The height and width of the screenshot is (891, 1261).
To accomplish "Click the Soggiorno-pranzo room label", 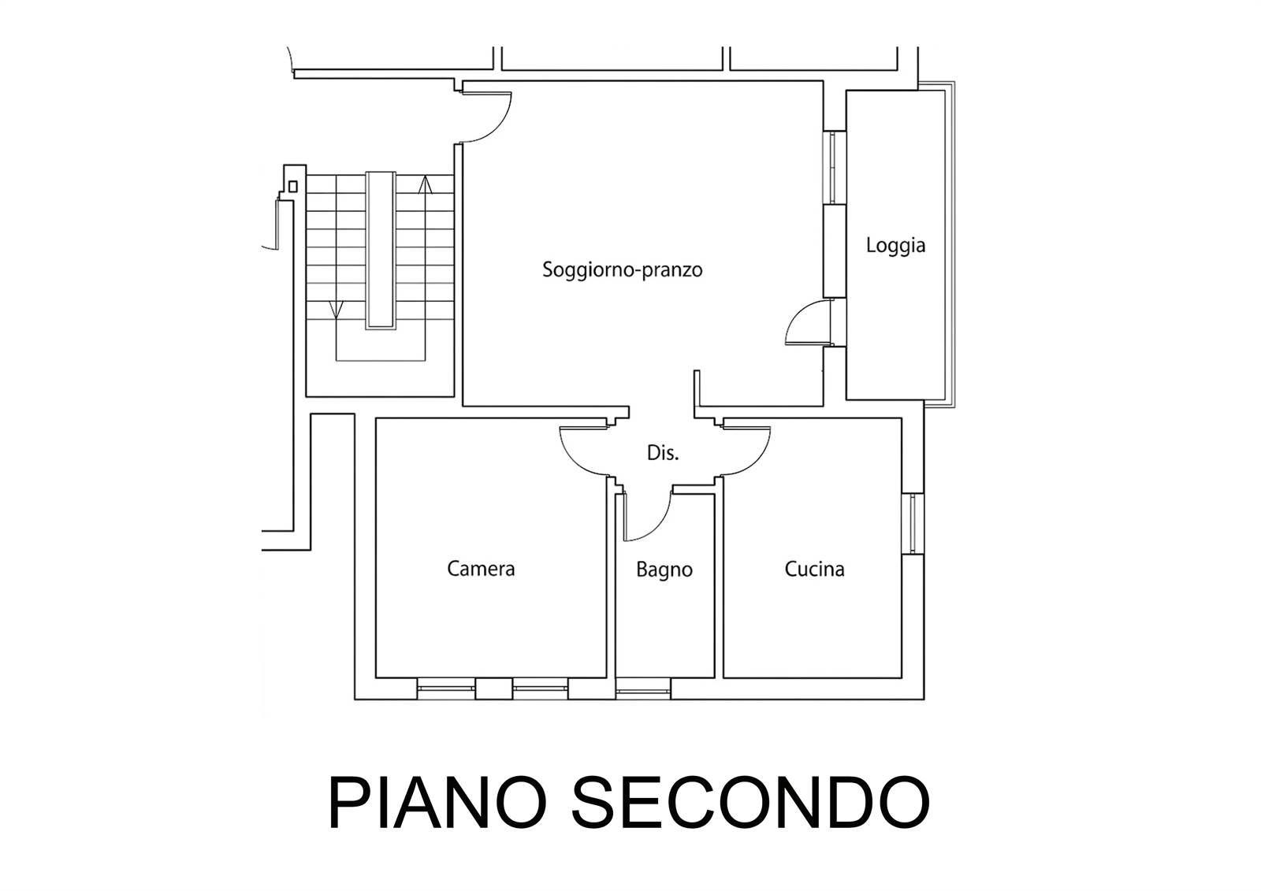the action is (622, 270).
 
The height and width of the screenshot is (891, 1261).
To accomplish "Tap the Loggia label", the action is (895, 246).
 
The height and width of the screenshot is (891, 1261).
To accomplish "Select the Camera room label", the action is (481, 569).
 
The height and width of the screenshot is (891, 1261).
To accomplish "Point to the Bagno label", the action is (664, 570).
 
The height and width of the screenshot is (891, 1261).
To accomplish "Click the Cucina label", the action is (814, 569).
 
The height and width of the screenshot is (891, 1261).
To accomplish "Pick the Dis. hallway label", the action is (663, 452).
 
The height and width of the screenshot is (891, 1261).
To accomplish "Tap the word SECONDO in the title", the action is (750, 801).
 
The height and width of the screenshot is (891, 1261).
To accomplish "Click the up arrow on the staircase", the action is (425, 185).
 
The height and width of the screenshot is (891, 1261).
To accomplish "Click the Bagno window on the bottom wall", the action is (643, 689).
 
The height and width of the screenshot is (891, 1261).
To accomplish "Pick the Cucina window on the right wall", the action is (913, 523).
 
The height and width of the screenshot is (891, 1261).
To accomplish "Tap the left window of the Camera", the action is (446, 689).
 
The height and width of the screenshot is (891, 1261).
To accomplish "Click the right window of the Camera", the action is (541, 689).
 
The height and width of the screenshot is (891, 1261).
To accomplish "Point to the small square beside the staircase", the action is (292, 186).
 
